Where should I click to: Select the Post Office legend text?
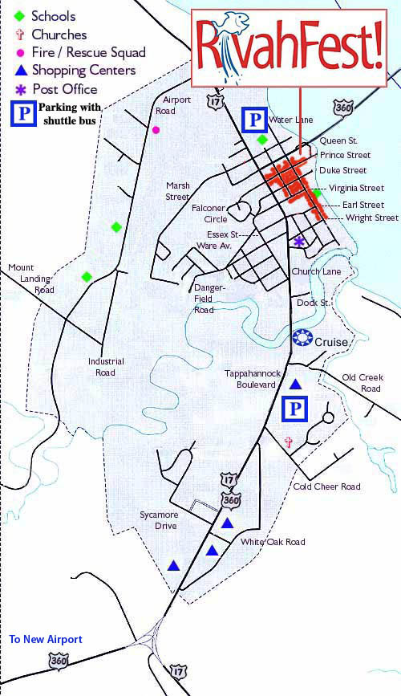coord(64,89)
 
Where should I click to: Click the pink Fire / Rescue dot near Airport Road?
coord(156,129)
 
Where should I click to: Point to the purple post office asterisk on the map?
coord(299,241)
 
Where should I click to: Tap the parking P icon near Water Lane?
coord(253,120)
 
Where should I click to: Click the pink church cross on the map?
coord(288,442)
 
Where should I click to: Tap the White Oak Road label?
coord(273,543)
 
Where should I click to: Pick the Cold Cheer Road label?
coord(326,486)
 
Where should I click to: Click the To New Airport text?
coord(46,640)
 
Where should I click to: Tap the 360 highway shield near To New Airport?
coord(58,661)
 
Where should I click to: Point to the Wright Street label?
coord(371,218)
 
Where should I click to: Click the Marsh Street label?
coord(177,191)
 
